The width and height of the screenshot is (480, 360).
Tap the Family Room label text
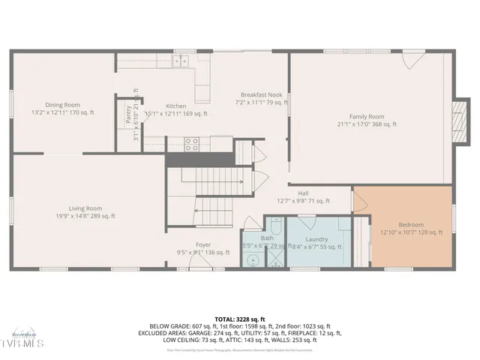click(x=366, y=116)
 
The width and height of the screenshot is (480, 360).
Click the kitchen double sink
click(x=180, y=61)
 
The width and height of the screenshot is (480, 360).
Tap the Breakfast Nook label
click(x=261, y=95)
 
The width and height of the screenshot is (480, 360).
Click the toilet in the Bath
click(x=274, y=229)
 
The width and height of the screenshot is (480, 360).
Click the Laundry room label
click(x=316, y=239)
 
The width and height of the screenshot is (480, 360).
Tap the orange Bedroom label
click(x=411, y=224)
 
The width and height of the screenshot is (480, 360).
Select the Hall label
click(x=303, y=193)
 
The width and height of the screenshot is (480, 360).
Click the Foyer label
click(x=203, y=244)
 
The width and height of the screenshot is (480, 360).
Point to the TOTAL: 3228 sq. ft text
click(x=239, y=319)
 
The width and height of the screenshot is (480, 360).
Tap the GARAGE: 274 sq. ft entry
click(x=211, y=332)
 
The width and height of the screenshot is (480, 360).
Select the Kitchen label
click(x=175, y=106)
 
